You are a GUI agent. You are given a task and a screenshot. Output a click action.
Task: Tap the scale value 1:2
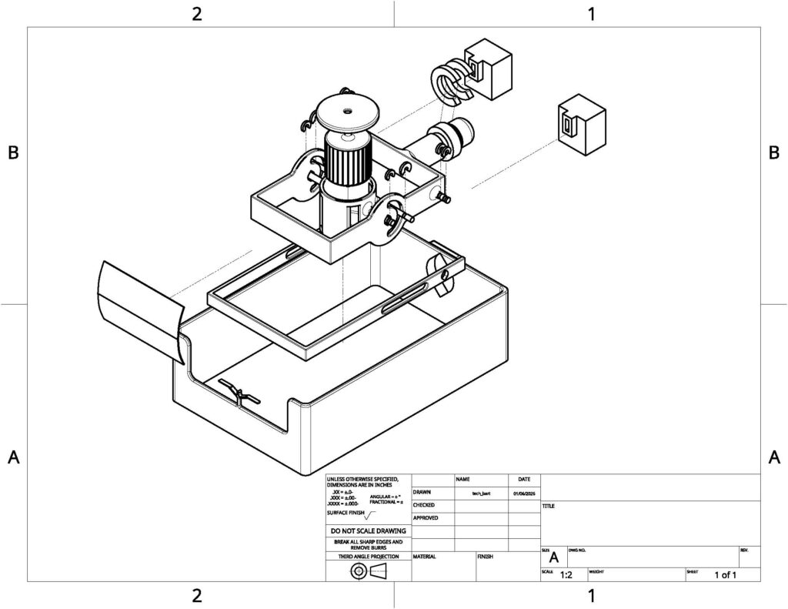566,574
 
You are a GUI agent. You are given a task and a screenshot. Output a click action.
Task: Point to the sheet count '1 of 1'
725,574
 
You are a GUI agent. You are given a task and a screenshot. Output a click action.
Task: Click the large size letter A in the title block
553,558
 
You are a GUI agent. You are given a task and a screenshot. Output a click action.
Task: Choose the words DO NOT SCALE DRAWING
369,530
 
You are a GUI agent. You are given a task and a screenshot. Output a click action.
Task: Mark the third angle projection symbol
369,571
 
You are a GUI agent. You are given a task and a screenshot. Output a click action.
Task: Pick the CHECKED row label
426,505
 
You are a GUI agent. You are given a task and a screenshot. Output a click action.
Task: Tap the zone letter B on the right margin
774,152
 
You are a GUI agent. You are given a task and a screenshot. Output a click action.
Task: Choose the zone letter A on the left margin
13,457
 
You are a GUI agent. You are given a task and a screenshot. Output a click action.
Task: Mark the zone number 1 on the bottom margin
591,595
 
